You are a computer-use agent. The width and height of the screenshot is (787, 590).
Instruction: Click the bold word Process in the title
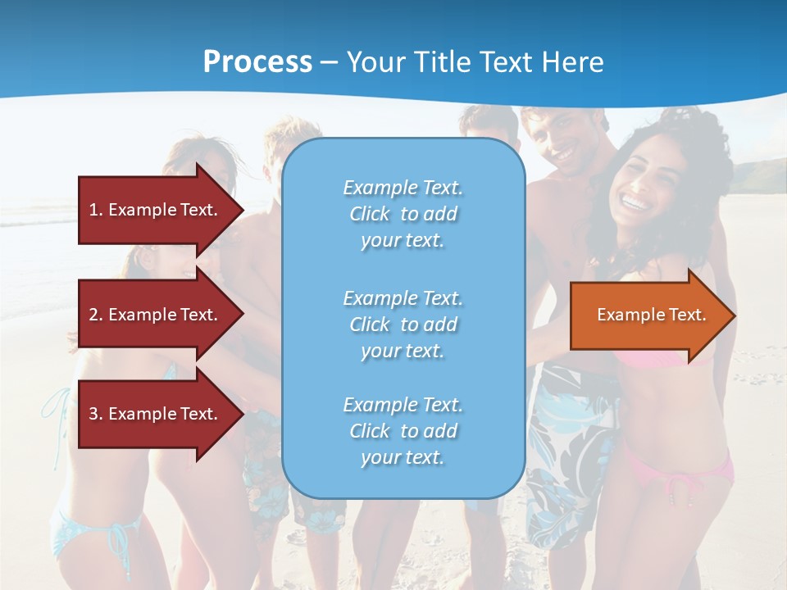tap(257, 62)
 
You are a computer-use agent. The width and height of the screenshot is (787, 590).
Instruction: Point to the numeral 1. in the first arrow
tap(96, 210)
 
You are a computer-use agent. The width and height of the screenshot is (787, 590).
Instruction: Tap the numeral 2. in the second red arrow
tap(96, 315)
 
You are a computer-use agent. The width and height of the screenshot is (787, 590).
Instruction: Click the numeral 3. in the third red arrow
tap(96, 414)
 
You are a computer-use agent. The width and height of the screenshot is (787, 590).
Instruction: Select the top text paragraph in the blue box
tap(403, 214)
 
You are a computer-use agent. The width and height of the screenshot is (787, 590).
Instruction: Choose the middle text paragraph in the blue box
tap(403, 324)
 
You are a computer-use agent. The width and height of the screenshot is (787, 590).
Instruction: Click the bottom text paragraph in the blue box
tap(403, 431)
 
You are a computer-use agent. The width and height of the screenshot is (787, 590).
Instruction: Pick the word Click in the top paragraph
tap(370, 214)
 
